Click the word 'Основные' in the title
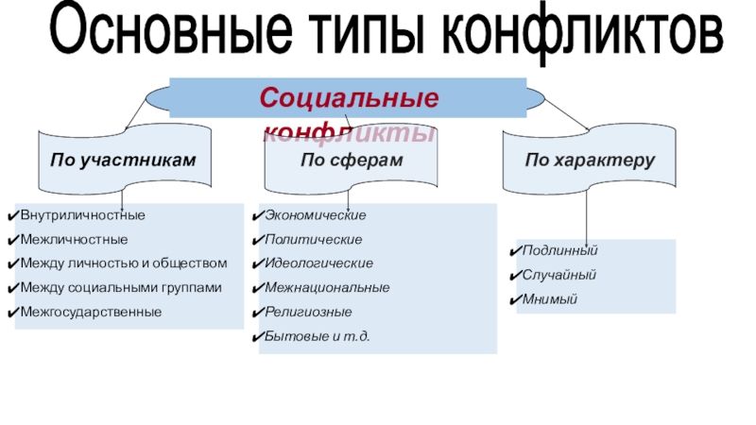(165, 35)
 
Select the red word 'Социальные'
(350, 96)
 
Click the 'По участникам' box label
(124, 161)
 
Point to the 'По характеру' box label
(591, 161)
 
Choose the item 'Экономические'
(316, 216)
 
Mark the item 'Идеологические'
(318, 263)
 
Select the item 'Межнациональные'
(327, 287)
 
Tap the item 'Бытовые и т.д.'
(318, 335)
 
